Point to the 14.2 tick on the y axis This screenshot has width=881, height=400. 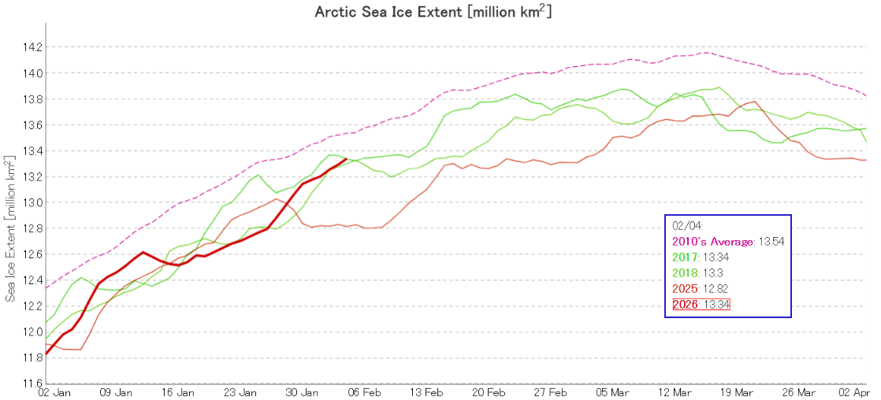tap(32, 47)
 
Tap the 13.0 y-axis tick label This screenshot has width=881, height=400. tap(32, 202)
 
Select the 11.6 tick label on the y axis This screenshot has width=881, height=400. tap(32, 383)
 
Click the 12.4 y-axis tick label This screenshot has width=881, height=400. tap(32, 280)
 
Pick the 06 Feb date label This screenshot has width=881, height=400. tap(365, 392)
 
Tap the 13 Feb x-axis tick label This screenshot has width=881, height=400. tap(426, 392)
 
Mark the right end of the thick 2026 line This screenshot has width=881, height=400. tap(347, 159)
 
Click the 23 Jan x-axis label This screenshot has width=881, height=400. tap(240, 392)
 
